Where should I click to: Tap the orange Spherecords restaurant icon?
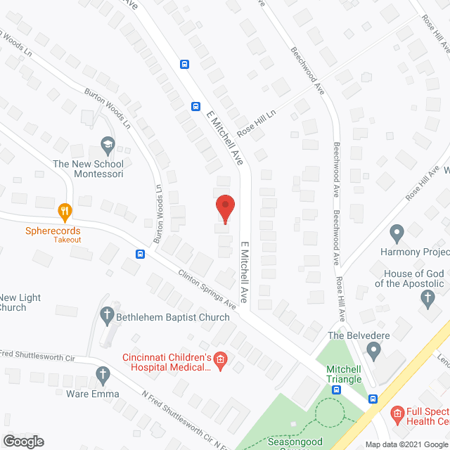[65, 210]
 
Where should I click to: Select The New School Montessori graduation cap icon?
[107, 146]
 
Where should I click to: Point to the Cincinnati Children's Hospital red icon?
[220, 361]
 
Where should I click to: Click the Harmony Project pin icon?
[397, 232]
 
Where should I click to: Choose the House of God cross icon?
[427, 298]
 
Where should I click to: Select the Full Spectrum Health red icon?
[397, 412]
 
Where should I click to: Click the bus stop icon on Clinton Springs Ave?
[141, 254]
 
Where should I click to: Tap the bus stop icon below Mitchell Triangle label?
[337, 390]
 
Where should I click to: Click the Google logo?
[22, 441]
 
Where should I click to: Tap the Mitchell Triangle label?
[344, 373]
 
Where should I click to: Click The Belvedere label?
[359, 335]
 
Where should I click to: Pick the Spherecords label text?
[53, 231]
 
